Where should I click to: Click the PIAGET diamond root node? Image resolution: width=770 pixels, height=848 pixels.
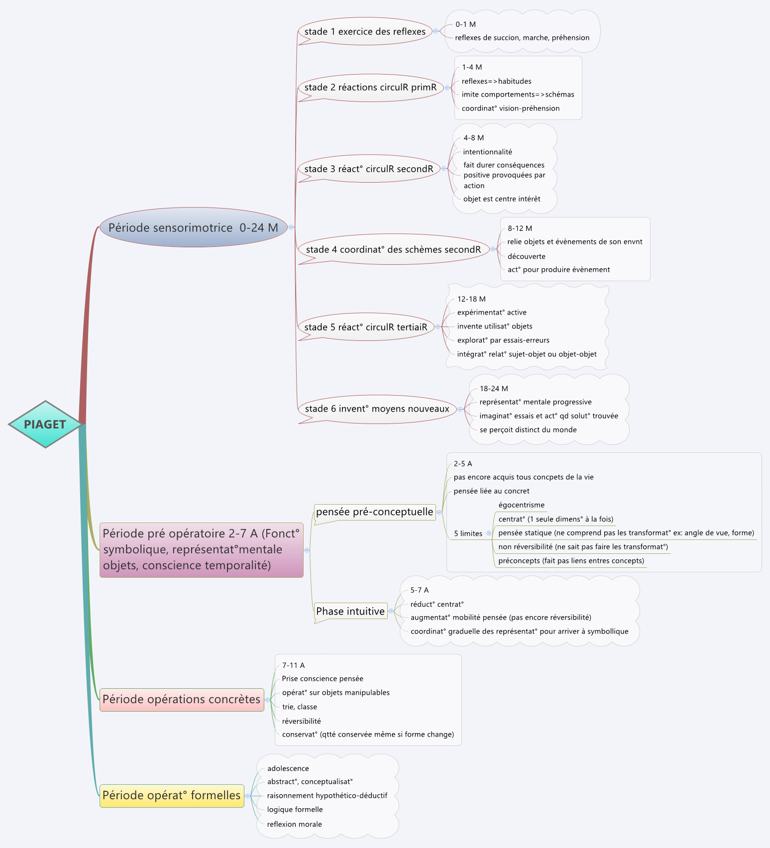pyautogui.click(x=45, y=424)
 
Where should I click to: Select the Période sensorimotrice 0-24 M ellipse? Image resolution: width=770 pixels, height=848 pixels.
pyautogui.click(x=193, y=227)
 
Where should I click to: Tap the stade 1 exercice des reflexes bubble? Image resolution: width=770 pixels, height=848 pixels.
pyautogui.click(x=365, y=31)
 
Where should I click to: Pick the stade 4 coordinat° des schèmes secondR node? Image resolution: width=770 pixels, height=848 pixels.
pyautogui.click(x=393, y=249)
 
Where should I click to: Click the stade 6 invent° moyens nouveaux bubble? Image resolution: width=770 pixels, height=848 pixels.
pyautogui.click(x=377, y=409)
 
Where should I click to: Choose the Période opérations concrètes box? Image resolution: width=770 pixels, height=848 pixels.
pyautogui.click(x=182, y=699)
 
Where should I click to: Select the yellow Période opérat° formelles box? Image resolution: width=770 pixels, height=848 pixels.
pyautogui.click(x=172, y=795)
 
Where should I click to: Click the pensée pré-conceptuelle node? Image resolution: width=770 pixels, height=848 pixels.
pyautogui.click(x=374, y=512)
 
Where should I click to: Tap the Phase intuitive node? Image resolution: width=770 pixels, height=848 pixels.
pyautogui.click(x=350, y=611)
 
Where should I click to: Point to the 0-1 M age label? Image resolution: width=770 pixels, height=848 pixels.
pyautogui.click(x=465, y=24)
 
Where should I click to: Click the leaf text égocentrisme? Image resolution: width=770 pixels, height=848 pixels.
pyautogui.click(x=521, y=505)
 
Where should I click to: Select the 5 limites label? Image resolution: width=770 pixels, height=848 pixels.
pyautogui.click(x=468, y=533)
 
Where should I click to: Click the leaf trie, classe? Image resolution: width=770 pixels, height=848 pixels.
pyautogui.click(x=299, y=707)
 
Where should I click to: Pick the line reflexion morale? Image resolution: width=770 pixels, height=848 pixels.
pyautogui.click(x=294, y=824)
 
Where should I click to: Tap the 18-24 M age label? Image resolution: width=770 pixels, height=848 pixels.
pyautogui.click(x=494, y=389)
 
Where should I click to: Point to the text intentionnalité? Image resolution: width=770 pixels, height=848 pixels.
pyautogui.click(x=487, y=152)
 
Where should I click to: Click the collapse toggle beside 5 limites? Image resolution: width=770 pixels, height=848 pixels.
pyautogui.click(x=489, y=533)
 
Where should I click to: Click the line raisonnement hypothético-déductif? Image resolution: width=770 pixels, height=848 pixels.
pyautogui.click(x=327, y=796)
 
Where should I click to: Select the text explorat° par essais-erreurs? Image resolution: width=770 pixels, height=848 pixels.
pyautogui.click(x=503, y=340)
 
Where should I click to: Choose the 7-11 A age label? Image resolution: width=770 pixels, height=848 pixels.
pyautogui.click(x=293, y=665)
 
